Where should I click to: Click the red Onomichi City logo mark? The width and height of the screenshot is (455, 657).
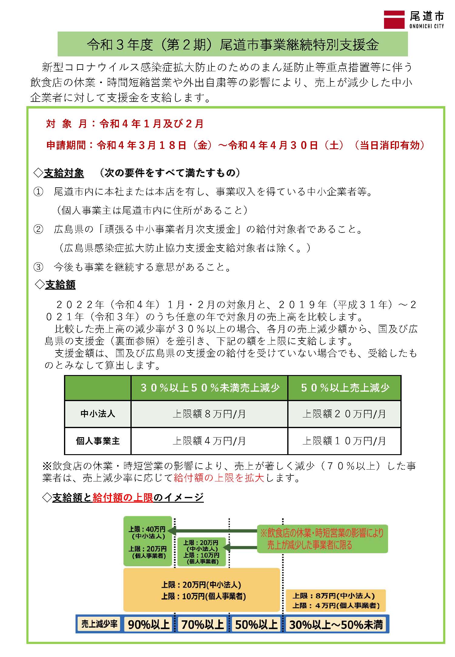click(394, 20)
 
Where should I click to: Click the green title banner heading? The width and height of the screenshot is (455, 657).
click(233, 45)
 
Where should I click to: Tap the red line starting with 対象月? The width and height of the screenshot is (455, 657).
click(125, 124)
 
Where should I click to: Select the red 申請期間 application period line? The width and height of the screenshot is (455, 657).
click(235, 146)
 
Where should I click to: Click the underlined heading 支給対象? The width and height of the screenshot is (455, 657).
click(64, 173)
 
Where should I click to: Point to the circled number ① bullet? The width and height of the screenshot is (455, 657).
click(38, 192)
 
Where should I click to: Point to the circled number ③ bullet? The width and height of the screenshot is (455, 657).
click(38, 267)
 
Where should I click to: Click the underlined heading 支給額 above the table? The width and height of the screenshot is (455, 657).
click(60, 285)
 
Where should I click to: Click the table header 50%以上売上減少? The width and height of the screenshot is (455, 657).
click(345, 388)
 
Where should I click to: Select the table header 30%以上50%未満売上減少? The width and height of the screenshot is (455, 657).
click(210, 388)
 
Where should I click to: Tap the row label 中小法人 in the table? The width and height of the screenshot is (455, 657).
click(98, 414)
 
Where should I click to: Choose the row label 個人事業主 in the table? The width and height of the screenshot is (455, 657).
click(98, 441)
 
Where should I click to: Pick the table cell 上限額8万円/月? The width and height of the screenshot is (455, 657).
click(209, 414)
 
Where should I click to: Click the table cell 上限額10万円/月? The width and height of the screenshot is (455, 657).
click(344, 441)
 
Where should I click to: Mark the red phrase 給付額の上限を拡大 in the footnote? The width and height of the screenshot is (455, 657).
click(219, 478)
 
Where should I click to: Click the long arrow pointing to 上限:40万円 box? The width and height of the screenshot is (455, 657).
click(212, 531)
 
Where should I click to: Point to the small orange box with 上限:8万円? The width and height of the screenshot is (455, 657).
click(335, 600)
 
